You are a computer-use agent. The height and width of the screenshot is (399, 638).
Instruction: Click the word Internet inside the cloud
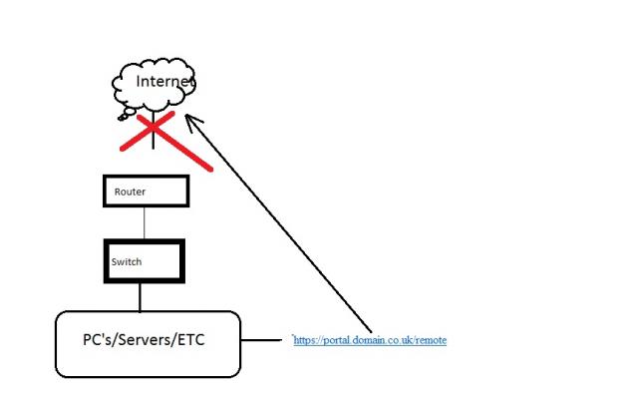coord(165,82)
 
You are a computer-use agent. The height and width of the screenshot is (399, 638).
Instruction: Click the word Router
coord(130,192)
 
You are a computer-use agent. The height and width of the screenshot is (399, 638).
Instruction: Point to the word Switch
coord(127,261)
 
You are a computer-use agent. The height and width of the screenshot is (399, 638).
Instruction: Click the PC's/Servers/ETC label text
coord(144,339)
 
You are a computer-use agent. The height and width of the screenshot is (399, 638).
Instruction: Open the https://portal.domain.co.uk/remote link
coord(370,340)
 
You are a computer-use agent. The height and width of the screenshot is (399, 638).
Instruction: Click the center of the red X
coord(154,128)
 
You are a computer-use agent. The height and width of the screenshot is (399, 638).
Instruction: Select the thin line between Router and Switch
coord(144,223)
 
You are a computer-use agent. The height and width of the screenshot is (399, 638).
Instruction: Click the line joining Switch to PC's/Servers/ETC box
coord(140,297)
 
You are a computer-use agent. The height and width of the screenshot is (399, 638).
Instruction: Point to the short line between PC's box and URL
coord(261,339)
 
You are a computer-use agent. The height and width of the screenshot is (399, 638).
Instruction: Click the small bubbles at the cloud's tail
coord(127,114)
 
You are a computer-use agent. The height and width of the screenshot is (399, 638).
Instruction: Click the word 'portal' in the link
coord(337,341)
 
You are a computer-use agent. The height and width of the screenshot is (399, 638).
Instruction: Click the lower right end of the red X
coord(210,170)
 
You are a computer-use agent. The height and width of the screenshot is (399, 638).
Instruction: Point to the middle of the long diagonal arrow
coord(278,223)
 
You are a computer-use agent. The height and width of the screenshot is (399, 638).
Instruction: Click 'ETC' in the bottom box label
coord(190,339)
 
